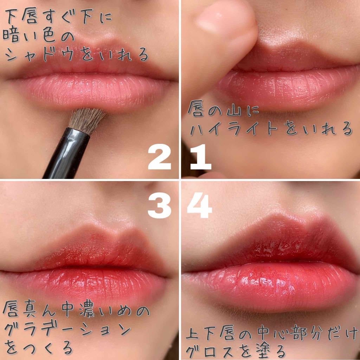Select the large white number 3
coord(160,205)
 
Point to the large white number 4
coord(199,205)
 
